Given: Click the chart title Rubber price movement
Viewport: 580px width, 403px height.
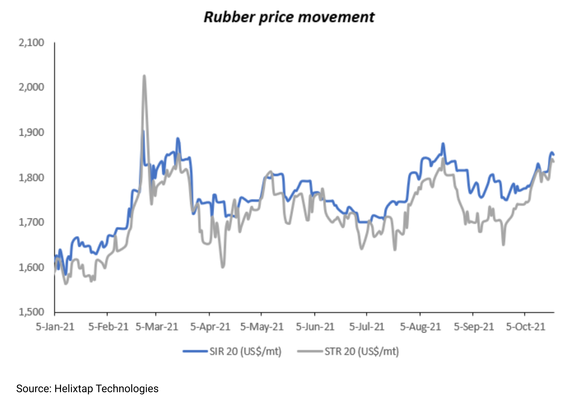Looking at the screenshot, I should pos(289,17).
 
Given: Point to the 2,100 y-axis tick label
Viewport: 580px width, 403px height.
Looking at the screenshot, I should pos(31,43).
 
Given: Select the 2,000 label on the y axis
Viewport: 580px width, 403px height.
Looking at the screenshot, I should pos(31,87).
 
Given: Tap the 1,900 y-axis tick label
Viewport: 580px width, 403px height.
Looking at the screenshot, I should pos(31,132).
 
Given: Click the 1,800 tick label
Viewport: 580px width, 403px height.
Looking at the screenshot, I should pos(31,178).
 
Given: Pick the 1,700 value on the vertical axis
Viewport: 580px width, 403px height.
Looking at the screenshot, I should pos(31,222).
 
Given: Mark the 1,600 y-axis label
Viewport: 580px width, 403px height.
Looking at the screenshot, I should pos(31,267).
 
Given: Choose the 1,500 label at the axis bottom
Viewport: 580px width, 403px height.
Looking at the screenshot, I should pos(31,312).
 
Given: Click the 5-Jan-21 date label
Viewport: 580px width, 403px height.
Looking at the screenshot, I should pos(55,327).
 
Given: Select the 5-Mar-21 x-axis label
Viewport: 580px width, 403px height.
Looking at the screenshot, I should pos(157,327).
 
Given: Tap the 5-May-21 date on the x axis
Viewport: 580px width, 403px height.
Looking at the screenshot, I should pos(262,327).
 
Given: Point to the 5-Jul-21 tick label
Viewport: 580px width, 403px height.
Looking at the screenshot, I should pos(367,327).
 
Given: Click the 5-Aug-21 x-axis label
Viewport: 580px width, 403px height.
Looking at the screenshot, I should pos(420,327).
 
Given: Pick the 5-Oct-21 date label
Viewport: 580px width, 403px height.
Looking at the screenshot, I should pos(526,327).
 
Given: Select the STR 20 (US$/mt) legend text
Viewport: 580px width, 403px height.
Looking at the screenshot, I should pos(361,351).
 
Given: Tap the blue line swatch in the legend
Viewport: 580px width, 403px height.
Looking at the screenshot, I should pos(195,351).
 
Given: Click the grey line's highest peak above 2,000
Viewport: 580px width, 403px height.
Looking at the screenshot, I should pos(144,76).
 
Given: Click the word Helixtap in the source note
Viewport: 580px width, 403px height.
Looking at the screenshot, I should pos(74,389).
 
